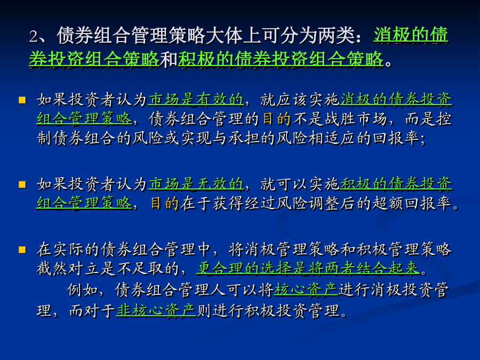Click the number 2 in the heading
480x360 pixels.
point(34,36)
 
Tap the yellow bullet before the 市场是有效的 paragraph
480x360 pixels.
point(22,100)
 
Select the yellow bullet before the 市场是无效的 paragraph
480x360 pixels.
point(22,185)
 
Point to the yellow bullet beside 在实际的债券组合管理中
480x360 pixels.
point(22,250)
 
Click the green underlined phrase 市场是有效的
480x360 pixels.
point(196,100)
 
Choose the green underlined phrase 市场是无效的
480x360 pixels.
point(196,184)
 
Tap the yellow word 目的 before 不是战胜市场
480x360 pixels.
point(276,119)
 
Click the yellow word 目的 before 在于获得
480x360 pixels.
point(165,203)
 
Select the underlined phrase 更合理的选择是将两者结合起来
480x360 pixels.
point(308,268)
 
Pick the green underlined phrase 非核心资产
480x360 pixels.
point(156,311)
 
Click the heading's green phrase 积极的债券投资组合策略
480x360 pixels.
point(281,59)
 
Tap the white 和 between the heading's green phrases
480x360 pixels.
point(169,59)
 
